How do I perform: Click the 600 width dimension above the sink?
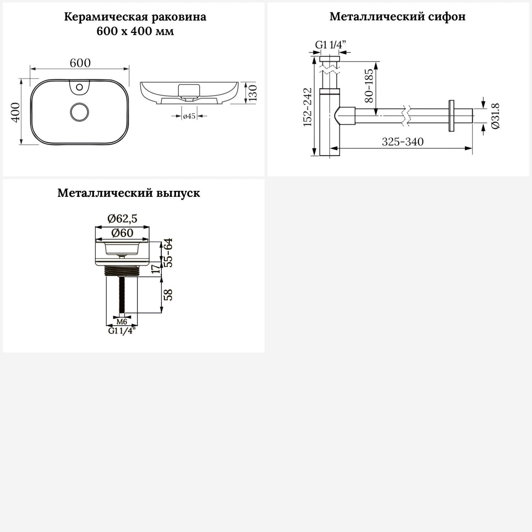tap(80, 63)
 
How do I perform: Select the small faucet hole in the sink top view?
tap(79, 87)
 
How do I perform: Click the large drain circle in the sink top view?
tap(80, 111)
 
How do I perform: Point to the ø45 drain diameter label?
tap(189, 116)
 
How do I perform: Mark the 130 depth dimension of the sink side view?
tap(252, 93)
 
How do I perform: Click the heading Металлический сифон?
tap(398, 17)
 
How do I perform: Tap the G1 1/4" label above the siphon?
tap(331, 45)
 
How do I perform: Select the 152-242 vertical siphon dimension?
tap(307, 107)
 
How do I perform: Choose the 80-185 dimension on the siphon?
tap(369, 86)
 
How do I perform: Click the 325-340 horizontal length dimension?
tap(403, 142)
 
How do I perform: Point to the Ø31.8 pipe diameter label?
tap(495, 116)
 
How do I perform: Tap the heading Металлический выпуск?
tap(129, 193)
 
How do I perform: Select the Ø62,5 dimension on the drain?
tap(122, 219)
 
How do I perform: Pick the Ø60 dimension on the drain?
tap(122, 233)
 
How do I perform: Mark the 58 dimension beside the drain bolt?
tap(169, 295)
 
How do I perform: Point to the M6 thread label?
tap(122, 322)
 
